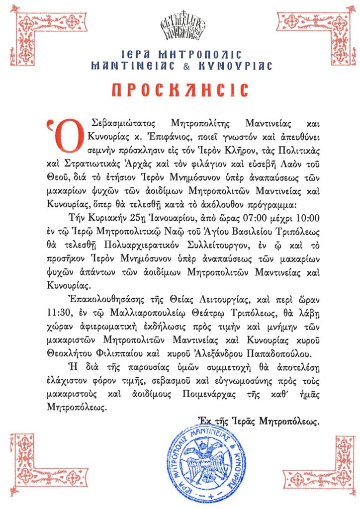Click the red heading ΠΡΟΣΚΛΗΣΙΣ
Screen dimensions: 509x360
click(180, 90)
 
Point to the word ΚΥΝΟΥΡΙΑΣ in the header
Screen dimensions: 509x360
click(241, 66)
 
